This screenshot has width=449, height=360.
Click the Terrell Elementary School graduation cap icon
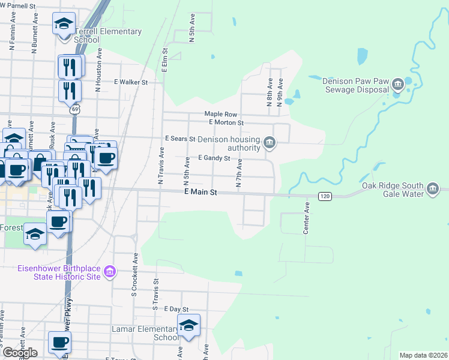(64, 24)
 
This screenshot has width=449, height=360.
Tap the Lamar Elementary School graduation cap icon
(188, 326)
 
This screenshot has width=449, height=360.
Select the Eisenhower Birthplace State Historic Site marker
(109, 272)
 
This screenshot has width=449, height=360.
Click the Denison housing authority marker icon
(270, 143)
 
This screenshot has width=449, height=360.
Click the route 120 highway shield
(325, 197)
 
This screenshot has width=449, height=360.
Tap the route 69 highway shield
(74, 109)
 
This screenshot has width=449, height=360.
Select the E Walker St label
(131, 82)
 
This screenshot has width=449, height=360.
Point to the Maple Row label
(221, 114)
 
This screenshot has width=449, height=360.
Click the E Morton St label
(226, 122)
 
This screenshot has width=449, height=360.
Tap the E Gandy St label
(214, 158)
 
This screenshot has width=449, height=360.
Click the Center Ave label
(306, 218)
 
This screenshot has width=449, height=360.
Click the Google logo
(20, 353)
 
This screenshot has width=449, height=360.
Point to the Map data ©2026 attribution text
(423, 355)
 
